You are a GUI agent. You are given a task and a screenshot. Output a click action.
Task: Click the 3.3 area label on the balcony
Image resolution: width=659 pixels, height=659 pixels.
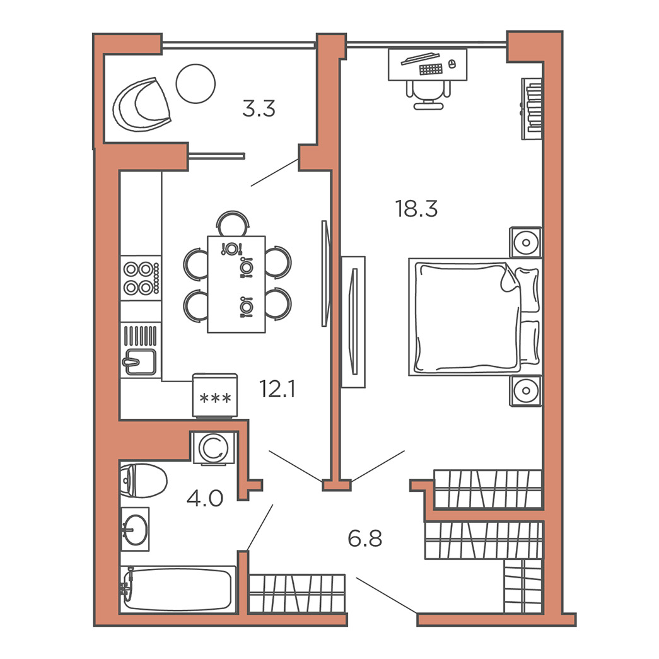click(259, 108)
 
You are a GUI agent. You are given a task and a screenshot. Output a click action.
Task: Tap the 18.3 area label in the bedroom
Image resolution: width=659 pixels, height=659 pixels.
click(416, 209)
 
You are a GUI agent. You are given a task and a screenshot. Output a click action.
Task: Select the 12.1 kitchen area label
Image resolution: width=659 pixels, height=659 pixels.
click(277, 388)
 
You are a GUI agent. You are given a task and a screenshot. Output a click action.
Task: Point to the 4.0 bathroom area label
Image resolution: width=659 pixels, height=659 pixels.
click(205, 498)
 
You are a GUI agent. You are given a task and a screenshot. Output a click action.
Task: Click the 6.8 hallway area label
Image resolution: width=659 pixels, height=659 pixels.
click(364, 539)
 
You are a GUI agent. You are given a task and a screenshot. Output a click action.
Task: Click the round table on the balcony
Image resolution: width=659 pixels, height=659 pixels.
click(195, 84)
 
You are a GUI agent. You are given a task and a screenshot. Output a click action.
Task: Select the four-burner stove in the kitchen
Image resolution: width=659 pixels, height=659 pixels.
click(141, 278)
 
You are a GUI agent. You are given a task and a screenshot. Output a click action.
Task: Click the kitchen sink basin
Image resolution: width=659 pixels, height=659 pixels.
click(140, 362)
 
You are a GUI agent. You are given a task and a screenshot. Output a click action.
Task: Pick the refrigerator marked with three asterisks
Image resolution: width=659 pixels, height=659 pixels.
click(215, 395)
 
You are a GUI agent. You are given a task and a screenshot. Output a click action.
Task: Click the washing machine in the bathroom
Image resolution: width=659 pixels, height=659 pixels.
click(214, 448)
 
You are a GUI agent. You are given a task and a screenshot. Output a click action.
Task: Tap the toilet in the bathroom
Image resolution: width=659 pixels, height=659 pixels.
click(143, 481)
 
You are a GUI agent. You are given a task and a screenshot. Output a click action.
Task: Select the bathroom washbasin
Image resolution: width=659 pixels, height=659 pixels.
click(135, 529)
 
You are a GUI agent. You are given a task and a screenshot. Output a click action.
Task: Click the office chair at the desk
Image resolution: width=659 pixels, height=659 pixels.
click(428, 95)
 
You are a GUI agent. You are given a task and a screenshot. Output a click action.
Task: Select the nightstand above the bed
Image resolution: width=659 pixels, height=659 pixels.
click(525, 243)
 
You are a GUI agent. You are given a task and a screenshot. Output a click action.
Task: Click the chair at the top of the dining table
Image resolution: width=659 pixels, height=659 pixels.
click(233, 224)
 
